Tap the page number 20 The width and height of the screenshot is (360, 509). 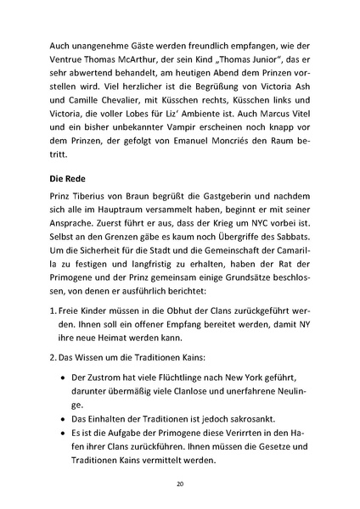pyautogui.click(x=180, y=483)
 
